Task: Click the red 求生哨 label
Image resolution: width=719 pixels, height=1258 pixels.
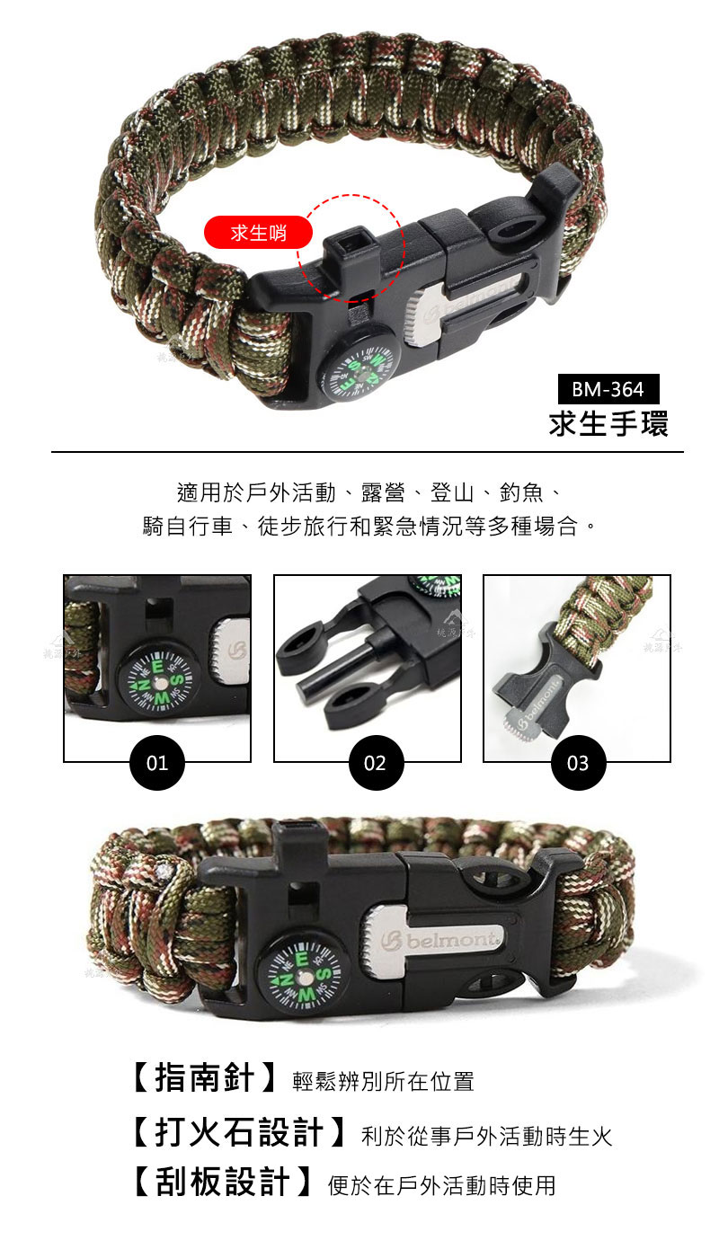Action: coord(258,233)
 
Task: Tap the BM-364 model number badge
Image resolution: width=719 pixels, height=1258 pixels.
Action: coord(608,388)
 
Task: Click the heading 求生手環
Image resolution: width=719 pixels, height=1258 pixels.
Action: coord(608,423)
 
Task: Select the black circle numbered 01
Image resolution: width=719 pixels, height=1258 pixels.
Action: coord(156,763)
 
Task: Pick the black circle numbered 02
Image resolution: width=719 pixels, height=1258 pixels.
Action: coord(376,763)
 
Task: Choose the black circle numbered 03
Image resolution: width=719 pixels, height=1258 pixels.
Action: coord(578,763)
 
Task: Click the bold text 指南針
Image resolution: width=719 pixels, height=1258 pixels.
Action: coord(204,1079)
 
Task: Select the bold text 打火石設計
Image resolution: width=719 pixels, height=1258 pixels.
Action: coord(239,1133)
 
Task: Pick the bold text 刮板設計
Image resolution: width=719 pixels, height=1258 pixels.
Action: coord(222,1183)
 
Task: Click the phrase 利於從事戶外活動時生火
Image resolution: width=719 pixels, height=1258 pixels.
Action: coord(486,1136)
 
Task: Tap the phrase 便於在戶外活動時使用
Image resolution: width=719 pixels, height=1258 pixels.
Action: coord(441,1185)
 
